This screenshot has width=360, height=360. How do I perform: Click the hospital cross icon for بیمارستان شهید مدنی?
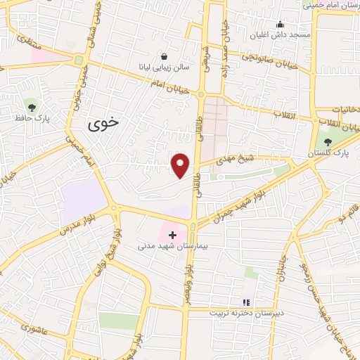(172, 233)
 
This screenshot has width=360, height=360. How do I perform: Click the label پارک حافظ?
(30, 117)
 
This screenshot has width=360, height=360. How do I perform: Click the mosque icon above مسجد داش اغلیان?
(280, 24)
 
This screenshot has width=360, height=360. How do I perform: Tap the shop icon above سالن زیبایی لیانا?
(164, 57)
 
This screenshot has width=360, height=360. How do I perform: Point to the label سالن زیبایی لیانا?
(164, 69)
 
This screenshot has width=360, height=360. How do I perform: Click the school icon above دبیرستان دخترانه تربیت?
(246, 302)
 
